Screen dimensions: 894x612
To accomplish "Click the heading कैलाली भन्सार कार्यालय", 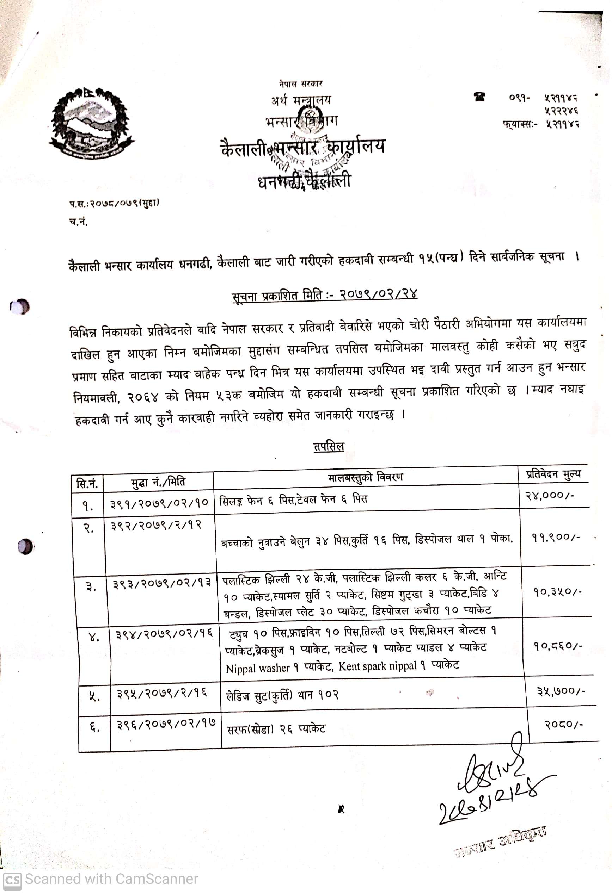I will point(303,147).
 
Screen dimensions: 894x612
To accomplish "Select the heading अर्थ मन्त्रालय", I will point(301,101).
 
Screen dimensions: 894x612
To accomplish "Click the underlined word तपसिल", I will point(329,447).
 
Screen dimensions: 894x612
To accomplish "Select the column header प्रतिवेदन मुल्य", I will point(553,475).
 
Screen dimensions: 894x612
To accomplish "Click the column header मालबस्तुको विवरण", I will point(365,477).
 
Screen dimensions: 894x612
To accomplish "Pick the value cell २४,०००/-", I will point(550,496).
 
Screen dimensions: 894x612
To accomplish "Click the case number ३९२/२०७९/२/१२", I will point(156,526).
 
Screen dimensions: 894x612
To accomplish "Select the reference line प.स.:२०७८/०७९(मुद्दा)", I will point(114,203).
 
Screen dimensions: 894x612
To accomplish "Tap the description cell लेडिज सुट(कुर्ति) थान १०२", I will point(282,695).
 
